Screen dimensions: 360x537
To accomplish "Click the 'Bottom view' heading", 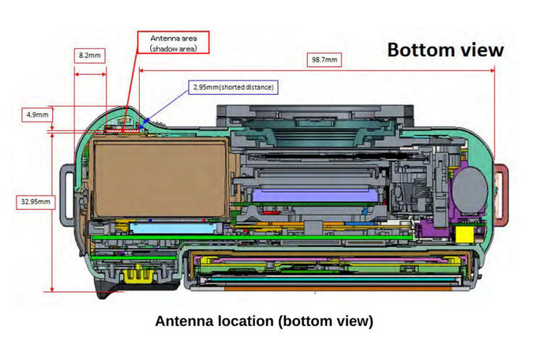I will [444, 49].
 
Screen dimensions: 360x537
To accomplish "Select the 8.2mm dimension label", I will [89, 56].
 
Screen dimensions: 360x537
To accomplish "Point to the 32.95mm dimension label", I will [35, 201].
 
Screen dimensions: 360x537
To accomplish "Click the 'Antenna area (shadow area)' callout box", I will [167, 42].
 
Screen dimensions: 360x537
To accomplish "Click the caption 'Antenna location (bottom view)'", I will [263, 321].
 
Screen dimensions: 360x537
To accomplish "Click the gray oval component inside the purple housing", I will [469, 190].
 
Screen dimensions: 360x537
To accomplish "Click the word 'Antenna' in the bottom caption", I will [183, 321].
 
